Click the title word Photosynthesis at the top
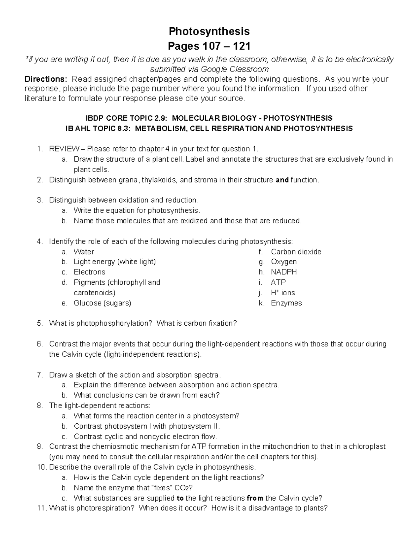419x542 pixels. pyautogui.click(x=209, y=31)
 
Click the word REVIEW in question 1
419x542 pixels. pyautogui.click(x=64, y=149)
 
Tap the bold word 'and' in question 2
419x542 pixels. pyautogui.click(x=282, y=180)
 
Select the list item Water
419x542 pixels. pyautogui.click(x=84, y=252)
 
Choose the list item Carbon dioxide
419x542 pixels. pyautogui.click(x=296, y=252)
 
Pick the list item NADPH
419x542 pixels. pyautogui.click(x=284, y=272)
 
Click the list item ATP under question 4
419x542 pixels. pyautogui.click(x=278, y=282)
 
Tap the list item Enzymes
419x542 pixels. pyautogui.click(x=286, y=303)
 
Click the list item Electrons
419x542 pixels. pyautogui.click(x=89, y=272)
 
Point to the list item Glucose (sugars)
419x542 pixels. pyautogui.click(x=102, y=303)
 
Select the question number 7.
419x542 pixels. pyautogui.click(x=40, y=375)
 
